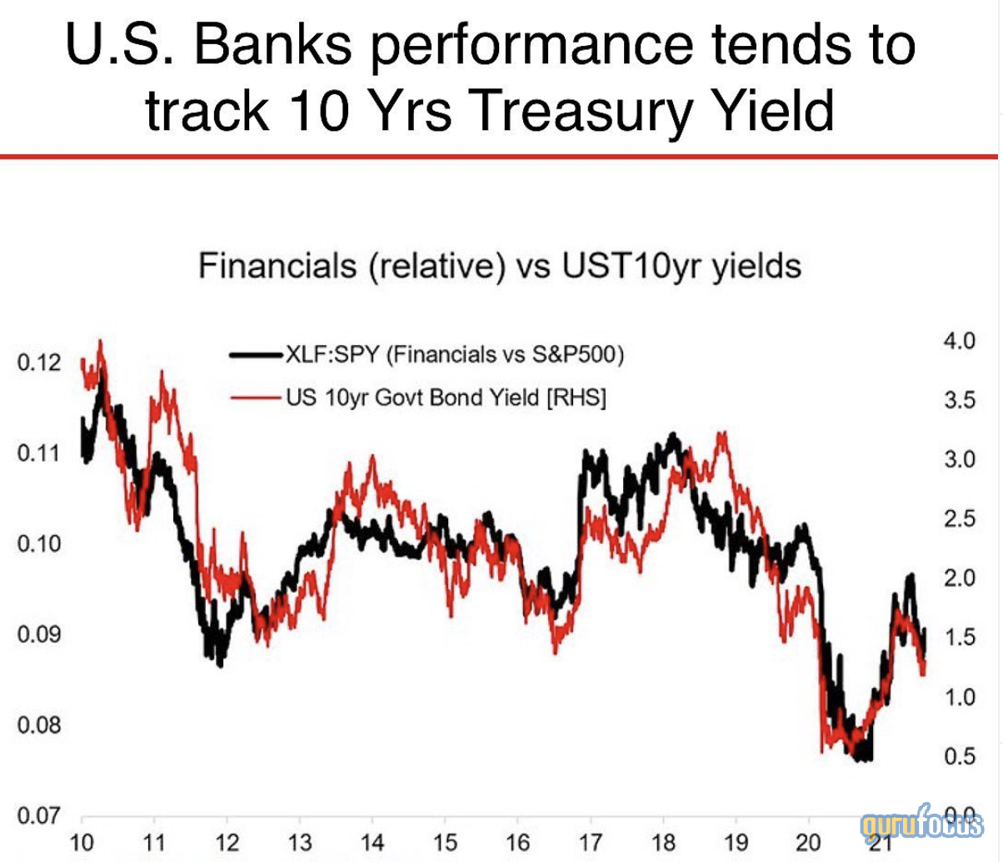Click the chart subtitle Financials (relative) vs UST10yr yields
tap(500, 267)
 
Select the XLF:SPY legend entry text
tap(455, 354)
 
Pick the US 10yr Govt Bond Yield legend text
tap(446, 398)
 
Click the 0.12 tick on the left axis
tap(38, 363)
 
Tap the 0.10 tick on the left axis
tap(38, 544)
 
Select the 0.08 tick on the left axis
tap(38, 724)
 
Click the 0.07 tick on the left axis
tap(38, 814)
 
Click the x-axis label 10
tap(82, 842)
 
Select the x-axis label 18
tap(663, 842)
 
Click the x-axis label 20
tap(808, 842)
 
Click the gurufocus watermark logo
tap(921, 825)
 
